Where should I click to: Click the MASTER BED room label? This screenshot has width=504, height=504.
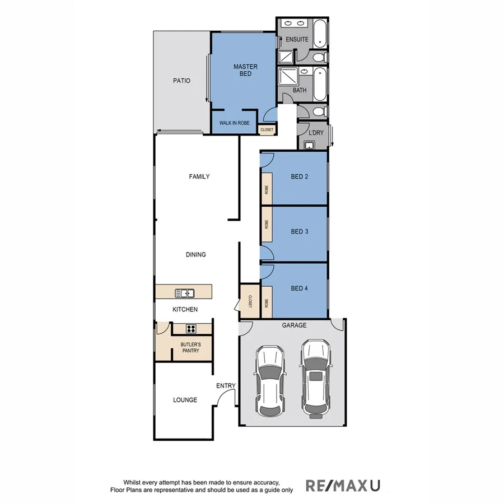[x=245, y=70]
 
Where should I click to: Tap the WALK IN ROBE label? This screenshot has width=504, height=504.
[x=235, y=123]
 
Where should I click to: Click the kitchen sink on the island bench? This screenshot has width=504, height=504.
[x=184, y=292]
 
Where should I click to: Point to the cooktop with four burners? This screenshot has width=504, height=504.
[x=190, y=329]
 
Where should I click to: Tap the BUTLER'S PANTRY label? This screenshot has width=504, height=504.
[x=190, y=347]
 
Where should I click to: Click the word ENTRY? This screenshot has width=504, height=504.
[x=226, y=386]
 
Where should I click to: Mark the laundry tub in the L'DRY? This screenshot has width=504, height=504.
[x=309, y=146]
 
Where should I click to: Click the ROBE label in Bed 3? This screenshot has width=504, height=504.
[x=267, y=225]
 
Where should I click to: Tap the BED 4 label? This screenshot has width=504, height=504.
[x=300, y=289]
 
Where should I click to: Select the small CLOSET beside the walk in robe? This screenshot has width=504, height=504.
[x=267, y=129]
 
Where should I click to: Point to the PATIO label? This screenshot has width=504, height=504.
[x=181, y=81]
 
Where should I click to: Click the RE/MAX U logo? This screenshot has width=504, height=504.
[x=342, y=485]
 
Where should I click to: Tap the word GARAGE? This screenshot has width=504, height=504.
[x=294, y=325]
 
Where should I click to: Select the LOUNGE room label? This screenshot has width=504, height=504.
[x=185, y=400]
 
